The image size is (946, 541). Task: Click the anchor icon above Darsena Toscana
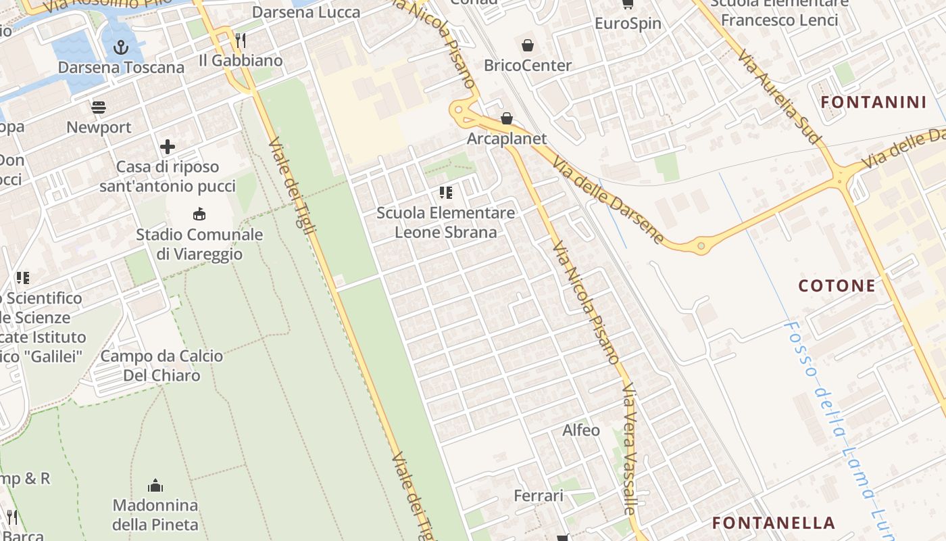coord(121,47)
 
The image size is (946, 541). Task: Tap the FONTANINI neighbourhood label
coord(873,102)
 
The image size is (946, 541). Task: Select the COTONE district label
coord(837,285)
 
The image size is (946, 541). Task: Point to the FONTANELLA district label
coord(774,523)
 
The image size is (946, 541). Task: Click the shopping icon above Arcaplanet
coord(507,119)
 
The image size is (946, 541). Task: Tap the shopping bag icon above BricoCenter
coord(527,45)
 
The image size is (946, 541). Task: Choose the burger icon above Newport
coord(99,107)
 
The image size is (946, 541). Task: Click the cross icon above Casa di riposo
coord(168,146)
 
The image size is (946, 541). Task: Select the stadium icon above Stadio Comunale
coord(199,214)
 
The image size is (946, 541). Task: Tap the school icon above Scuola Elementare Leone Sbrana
coord(446,193)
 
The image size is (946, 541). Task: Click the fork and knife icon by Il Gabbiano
coord(240,41)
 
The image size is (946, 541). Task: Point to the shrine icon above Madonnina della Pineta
coord(155,486)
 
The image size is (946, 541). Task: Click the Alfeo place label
coord(581,430)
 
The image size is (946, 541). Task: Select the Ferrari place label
coord(539,496)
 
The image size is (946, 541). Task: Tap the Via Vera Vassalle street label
coord(630,450)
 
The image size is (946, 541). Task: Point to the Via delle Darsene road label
coord(608,201)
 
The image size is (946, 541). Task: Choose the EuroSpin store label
coord(628,24)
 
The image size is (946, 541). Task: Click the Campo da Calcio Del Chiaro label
coord(161,365)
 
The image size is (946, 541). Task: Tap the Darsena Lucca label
coord(306,12)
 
